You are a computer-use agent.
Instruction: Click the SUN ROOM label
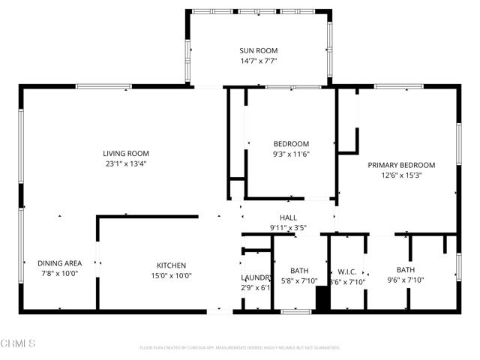pos(258,51)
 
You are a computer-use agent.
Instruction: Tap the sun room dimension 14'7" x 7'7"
pos(258,61)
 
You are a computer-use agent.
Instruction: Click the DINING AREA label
pos(58,264)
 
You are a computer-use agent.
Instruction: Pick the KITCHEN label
pos(171,265)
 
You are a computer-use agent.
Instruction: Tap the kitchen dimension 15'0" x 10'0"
pos(171,275)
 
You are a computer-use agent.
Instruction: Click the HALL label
pos(289,217)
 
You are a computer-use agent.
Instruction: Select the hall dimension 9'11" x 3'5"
pos(289,227)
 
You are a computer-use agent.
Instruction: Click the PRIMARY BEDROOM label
pos(401,165)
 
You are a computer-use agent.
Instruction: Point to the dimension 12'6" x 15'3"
pos(401,175)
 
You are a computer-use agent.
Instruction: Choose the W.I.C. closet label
pos(346,271)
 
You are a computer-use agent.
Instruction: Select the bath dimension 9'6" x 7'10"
pos(406,280)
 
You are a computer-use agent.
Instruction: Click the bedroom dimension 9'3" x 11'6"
pos(290,154)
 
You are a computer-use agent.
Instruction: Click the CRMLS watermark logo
pos(19,343)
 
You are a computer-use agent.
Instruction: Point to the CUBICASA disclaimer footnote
pos(240,348)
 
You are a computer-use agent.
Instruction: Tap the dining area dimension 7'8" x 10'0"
pos(58,274)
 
